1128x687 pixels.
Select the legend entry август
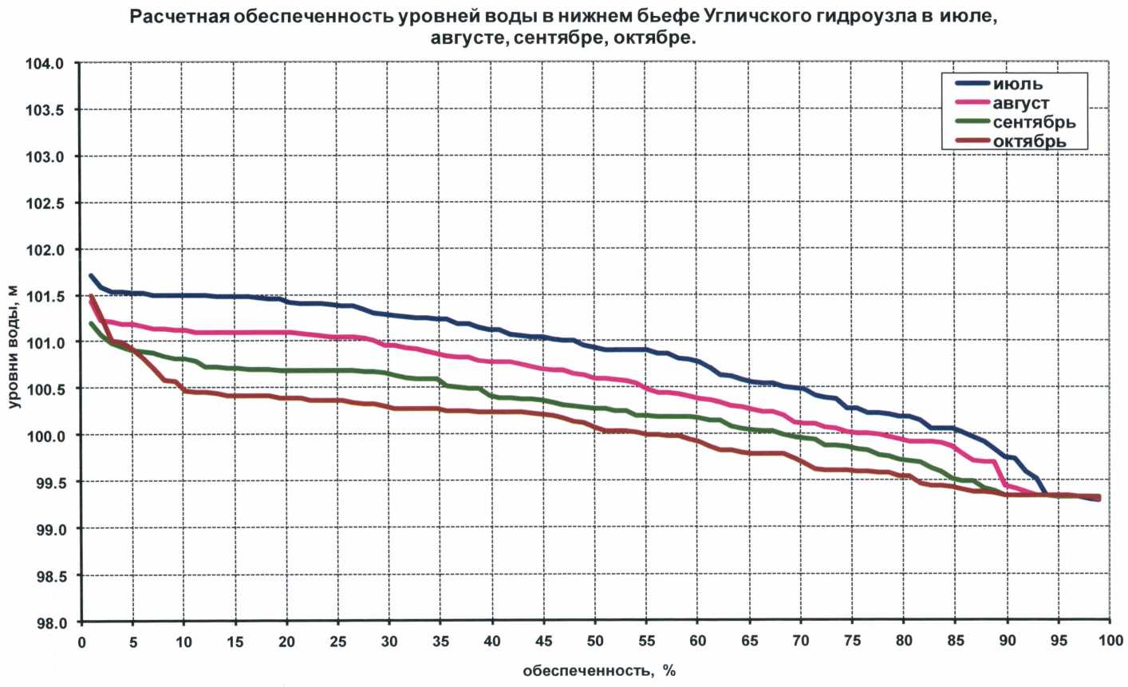pyautogui.click(x=1022, y=103)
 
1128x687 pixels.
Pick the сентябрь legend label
pyautogui.click(x=1034, y=122)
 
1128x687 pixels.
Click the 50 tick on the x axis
pyautogui.click(x=594, y=641)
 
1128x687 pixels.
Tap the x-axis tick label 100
pyautogui.click(x=1107, y=641)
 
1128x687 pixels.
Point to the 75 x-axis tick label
pyautogui.click(x=851, y=641)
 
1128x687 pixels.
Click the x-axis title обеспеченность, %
pyautogui.click(x=599, y=670)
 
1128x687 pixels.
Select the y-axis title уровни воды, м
pyautogui.click(x=15, y=346)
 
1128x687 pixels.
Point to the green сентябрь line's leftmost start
pyautogui.click(x=91, y=323)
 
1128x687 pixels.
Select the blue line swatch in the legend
pyautogui.click(x=972, y=84)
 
